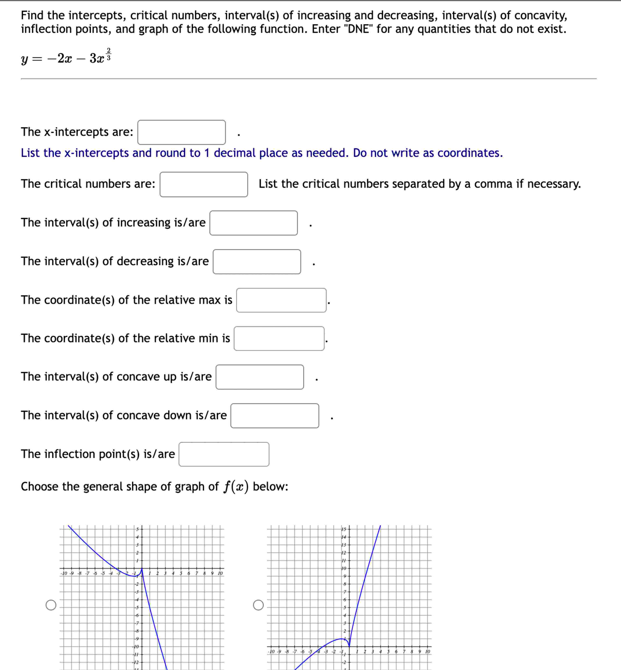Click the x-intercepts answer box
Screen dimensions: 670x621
[181, 132]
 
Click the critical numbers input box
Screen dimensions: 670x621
[204, 184]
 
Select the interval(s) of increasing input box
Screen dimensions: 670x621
[253, 223]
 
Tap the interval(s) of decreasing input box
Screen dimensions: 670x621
[257, 262]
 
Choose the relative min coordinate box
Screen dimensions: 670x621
[279, 338]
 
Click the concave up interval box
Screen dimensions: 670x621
[259, 377]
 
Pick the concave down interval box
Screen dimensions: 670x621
[274, 416]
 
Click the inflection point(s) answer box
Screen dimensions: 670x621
[224, 454]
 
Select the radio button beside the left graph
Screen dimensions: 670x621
[51, 605]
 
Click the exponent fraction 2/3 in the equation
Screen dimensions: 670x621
[108, 54]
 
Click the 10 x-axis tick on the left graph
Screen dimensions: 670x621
[220, 573]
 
